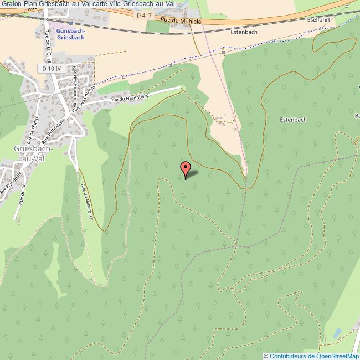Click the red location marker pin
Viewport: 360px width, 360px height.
coord(186,168)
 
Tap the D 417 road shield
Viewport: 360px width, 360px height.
coord(142,16)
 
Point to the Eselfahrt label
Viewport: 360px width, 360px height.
coord(321,19)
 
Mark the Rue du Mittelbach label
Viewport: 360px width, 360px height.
coord(86,202)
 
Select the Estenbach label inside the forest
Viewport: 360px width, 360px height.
coord(294,119)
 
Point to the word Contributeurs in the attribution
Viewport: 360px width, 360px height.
coord(287,356)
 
